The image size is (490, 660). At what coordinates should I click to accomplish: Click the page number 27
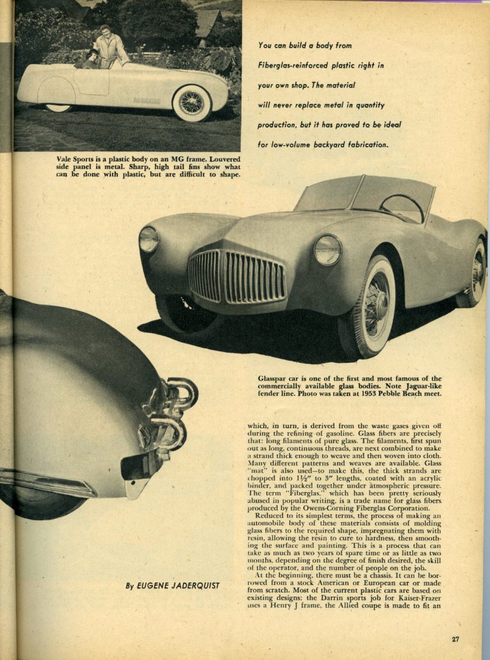(455, 639)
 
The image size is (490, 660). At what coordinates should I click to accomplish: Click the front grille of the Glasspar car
(237, 276)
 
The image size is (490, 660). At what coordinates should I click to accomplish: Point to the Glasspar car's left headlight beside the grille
(149, 239)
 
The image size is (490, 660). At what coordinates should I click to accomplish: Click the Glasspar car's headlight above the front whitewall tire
(327, 249)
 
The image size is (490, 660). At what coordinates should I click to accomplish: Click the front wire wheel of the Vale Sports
(192, 102)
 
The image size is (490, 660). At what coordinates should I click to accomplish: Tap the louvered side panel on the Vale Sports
(146, 101)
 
